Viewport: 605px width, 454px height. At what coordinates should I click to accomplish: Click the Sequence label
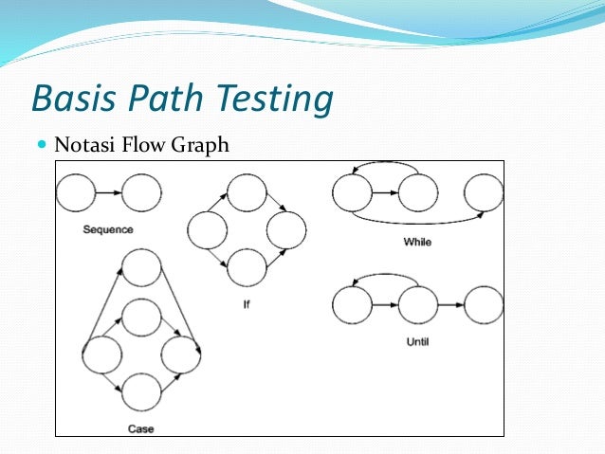(x=107, y=229)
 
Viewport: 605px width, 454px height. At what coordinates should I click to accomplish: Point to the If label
(x=247, y=305)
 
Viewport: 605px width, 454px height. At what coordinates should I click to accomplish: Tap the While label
(x=417, y=242)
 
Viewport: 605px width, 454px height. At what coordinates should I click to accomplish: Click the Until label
(x=416, y=341)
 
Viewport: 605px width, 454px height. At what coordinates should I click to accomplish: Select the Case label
(x=140, y=428)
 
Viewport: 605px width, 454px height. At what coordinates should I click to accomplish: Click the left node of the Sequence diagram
(x=76, y=193)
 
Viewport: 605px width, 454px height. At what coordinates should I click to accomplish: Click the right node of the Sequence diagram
(x=142, y=193)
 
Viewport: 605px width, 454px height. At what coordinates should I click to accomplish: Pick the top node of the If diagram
(x=247, y=194)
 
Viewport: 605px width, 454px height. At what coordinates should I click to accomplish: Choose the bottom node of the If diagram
(x=247, y=267)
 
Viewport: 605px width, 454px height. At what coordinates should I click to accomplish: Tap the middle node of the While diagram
(x=416, y=193)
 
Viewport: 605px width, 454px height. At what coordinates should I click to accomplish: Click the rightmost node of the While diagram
(x=484, y=193)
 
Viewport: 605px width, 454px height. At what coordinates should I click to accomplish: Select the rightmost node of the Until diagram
(x=484, y=305)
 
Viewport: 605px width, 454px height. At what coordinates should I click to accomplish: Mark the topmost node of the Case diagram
(x=141, y=267)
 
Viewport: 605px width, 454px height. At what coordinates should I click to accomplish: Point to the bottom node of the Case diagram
(x=141, y=391)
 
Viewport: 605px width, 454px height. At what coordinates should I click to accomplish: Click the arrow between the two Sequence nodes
(x=109, y=193)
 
